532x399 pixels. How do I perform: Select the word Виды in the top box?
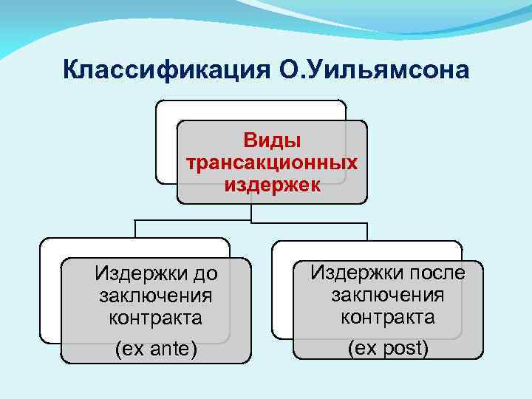[272, 140]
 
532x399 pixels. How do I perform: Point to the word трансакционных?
[272, 162]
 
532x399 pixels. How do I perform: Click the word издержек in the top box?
[272, 184]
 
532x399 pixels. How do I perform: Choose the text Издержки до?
[156, 275]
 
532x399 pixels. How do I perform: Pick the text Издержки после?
[387, 273]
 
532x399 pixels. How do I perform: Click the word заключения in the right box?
[387, 295]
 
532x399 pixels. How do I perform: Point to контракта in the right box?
[387, 317]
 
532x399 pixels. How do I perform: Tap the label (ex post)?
[387, 347]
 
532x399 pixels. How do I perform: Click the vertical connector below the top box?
[251, 212]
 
